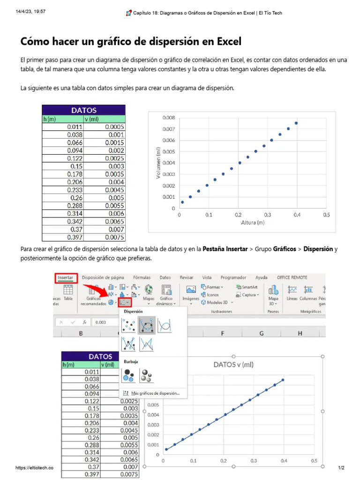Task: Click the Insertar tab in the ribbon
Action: click(65, 277)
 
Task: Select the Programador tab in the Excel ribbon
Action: click(233, 277)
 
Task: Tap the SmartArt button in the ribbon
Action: click(248, 287)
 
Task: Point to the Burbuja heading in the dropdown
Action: click(131, 362)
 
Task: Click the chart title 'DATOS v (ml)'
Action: click(233, 364)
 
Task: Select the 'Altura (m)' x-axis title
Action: click(253, 223)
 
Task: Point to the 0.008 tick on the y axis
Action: click(169, 117)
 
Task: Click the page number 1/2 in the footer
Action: click(341, 468)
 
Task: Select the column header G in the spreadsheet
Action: click(261, 333)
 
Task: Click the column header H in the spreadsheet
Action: click(300, 333)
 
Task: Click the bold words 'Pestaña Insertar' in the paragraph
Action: click(225, 249)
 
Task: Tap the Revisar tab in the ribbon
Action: click(187, 277)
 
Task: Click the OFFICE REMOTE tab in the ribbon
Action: click(292, 277)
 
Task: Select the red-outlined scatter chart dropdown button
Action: click(125, 303)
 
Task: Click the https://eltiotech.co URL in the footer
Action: click(34, 468)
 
